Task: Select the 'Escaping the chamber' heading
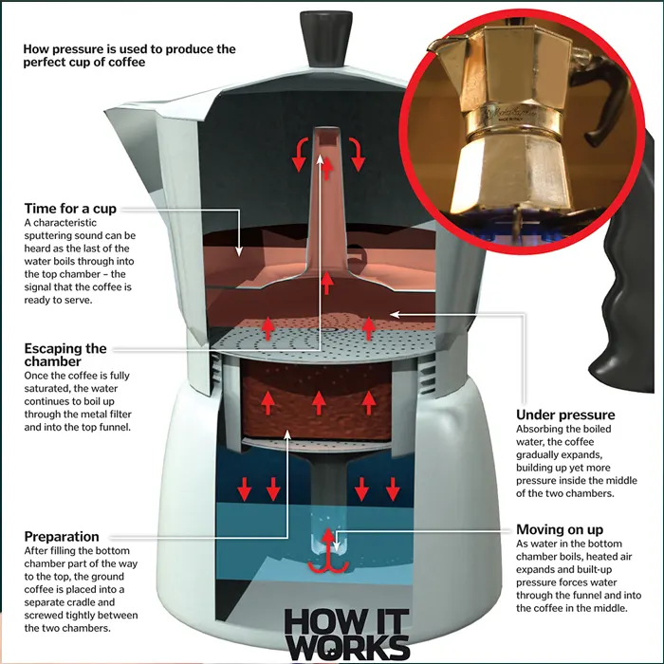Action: [x=66, y=355]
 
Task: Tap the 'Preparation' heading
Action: [x=62, y=536]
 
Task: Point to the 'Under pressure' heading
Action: [x=565, y=415]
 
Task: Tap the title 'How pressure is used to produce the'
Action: [x=130, y=48]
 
